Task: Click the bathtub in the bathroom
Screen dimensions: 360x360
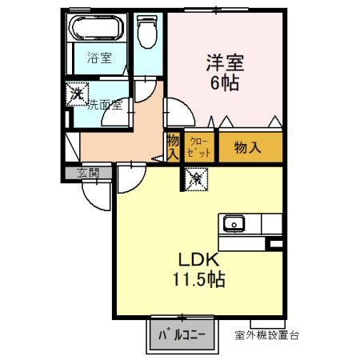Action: click(x=97, y=27)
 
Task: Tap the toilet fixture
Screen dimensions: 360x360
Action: click(x=147, y=31)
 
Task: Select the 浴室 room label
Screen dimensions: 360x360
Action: click(x=99, y=58)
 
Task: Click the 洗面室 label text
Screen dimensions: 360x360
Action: click(x=105, y=105)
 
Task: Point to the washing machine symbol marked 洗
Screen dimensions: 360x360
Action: click(x=77, y=94)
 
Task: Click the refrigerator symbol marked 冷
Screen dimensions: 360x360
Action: click(x=196, y=179)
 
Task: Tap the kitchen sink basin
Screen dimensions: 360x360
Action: click(x=234, y=224)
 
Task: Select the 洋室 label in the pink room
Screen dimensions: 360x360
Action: click(x=225, y=63)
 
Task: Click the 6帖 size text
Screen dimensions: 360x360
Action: click(x=225, y=83)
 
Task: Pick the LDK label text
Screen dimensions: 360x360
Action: click(x=198, y=260)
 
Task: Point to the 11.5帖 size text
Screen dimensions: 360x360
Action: click(x=199, y=279)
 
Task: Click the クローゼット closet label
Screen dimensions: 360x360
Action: click(x=199, y=147)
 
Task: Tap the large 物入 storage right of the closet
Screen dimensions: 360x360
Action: click(x=247, y=147)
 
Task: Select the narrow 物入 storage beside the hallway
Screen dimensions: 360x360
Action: click(x=173, y=147)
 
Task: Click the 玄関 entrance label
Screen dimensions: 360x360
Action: click(x=88, y=173)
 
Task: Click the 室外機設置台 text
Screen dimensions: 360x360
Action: click(x=267, y=335)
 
